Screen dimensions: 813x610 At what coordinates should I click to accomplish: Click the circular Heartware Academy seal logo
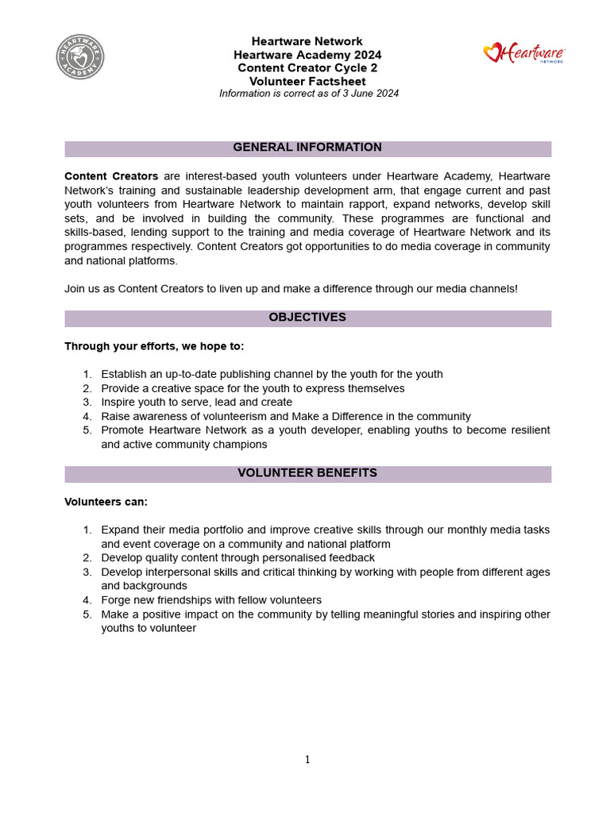(79, 57)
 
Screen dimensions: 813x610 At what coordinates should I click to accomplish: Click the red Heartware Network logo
(524, 54)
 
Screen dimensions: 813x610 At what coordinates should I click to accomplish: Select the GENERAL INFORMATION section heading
(307, 148)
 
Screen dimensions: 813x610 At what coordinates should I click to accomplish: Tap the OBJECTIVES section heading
(307, 318)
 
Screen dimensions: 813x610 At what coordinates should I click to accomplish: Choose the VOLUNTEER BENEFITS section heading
(307, 473)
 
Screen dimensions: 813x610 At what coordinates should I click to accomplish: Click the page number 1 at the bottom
(307, 760)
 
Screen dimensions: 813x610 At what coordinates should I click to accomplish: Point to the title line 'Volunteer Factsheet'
(307, 81)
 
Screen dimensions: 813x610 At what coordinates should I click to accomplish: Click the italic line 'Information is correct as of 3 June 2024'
(309, 94)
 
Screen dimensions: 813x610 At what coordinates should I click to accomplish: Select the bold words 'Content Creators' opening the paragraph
(111, 176)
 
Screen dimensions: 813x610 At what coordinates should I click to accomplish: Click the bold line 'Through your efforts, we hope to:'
(154, 347)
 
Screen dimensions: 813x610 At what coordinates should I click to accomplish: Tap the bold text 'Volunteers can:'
(106, 503)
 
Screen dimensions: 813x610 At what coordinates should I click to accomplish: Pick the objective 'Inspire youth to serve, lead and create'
(196, 403)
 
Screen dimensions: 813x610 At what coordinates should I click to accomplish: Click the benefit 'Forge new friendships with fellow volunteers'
(211, 600)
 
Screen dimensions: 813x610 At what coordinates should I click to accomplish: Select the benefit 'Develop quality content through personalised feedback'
(237, 558)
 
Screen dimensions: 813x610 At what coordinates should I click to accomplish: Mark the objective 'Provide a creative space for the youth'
(253, 388)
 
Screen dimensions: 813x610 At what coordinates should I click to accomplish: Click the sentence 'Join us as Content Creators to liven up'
(291, 289)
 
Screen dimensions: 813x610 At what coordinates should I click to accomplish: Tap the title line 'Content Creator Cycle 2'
(307, 68)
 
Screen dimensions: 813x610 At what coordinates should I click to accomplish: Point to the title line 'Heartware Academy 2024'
(307, 55)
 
